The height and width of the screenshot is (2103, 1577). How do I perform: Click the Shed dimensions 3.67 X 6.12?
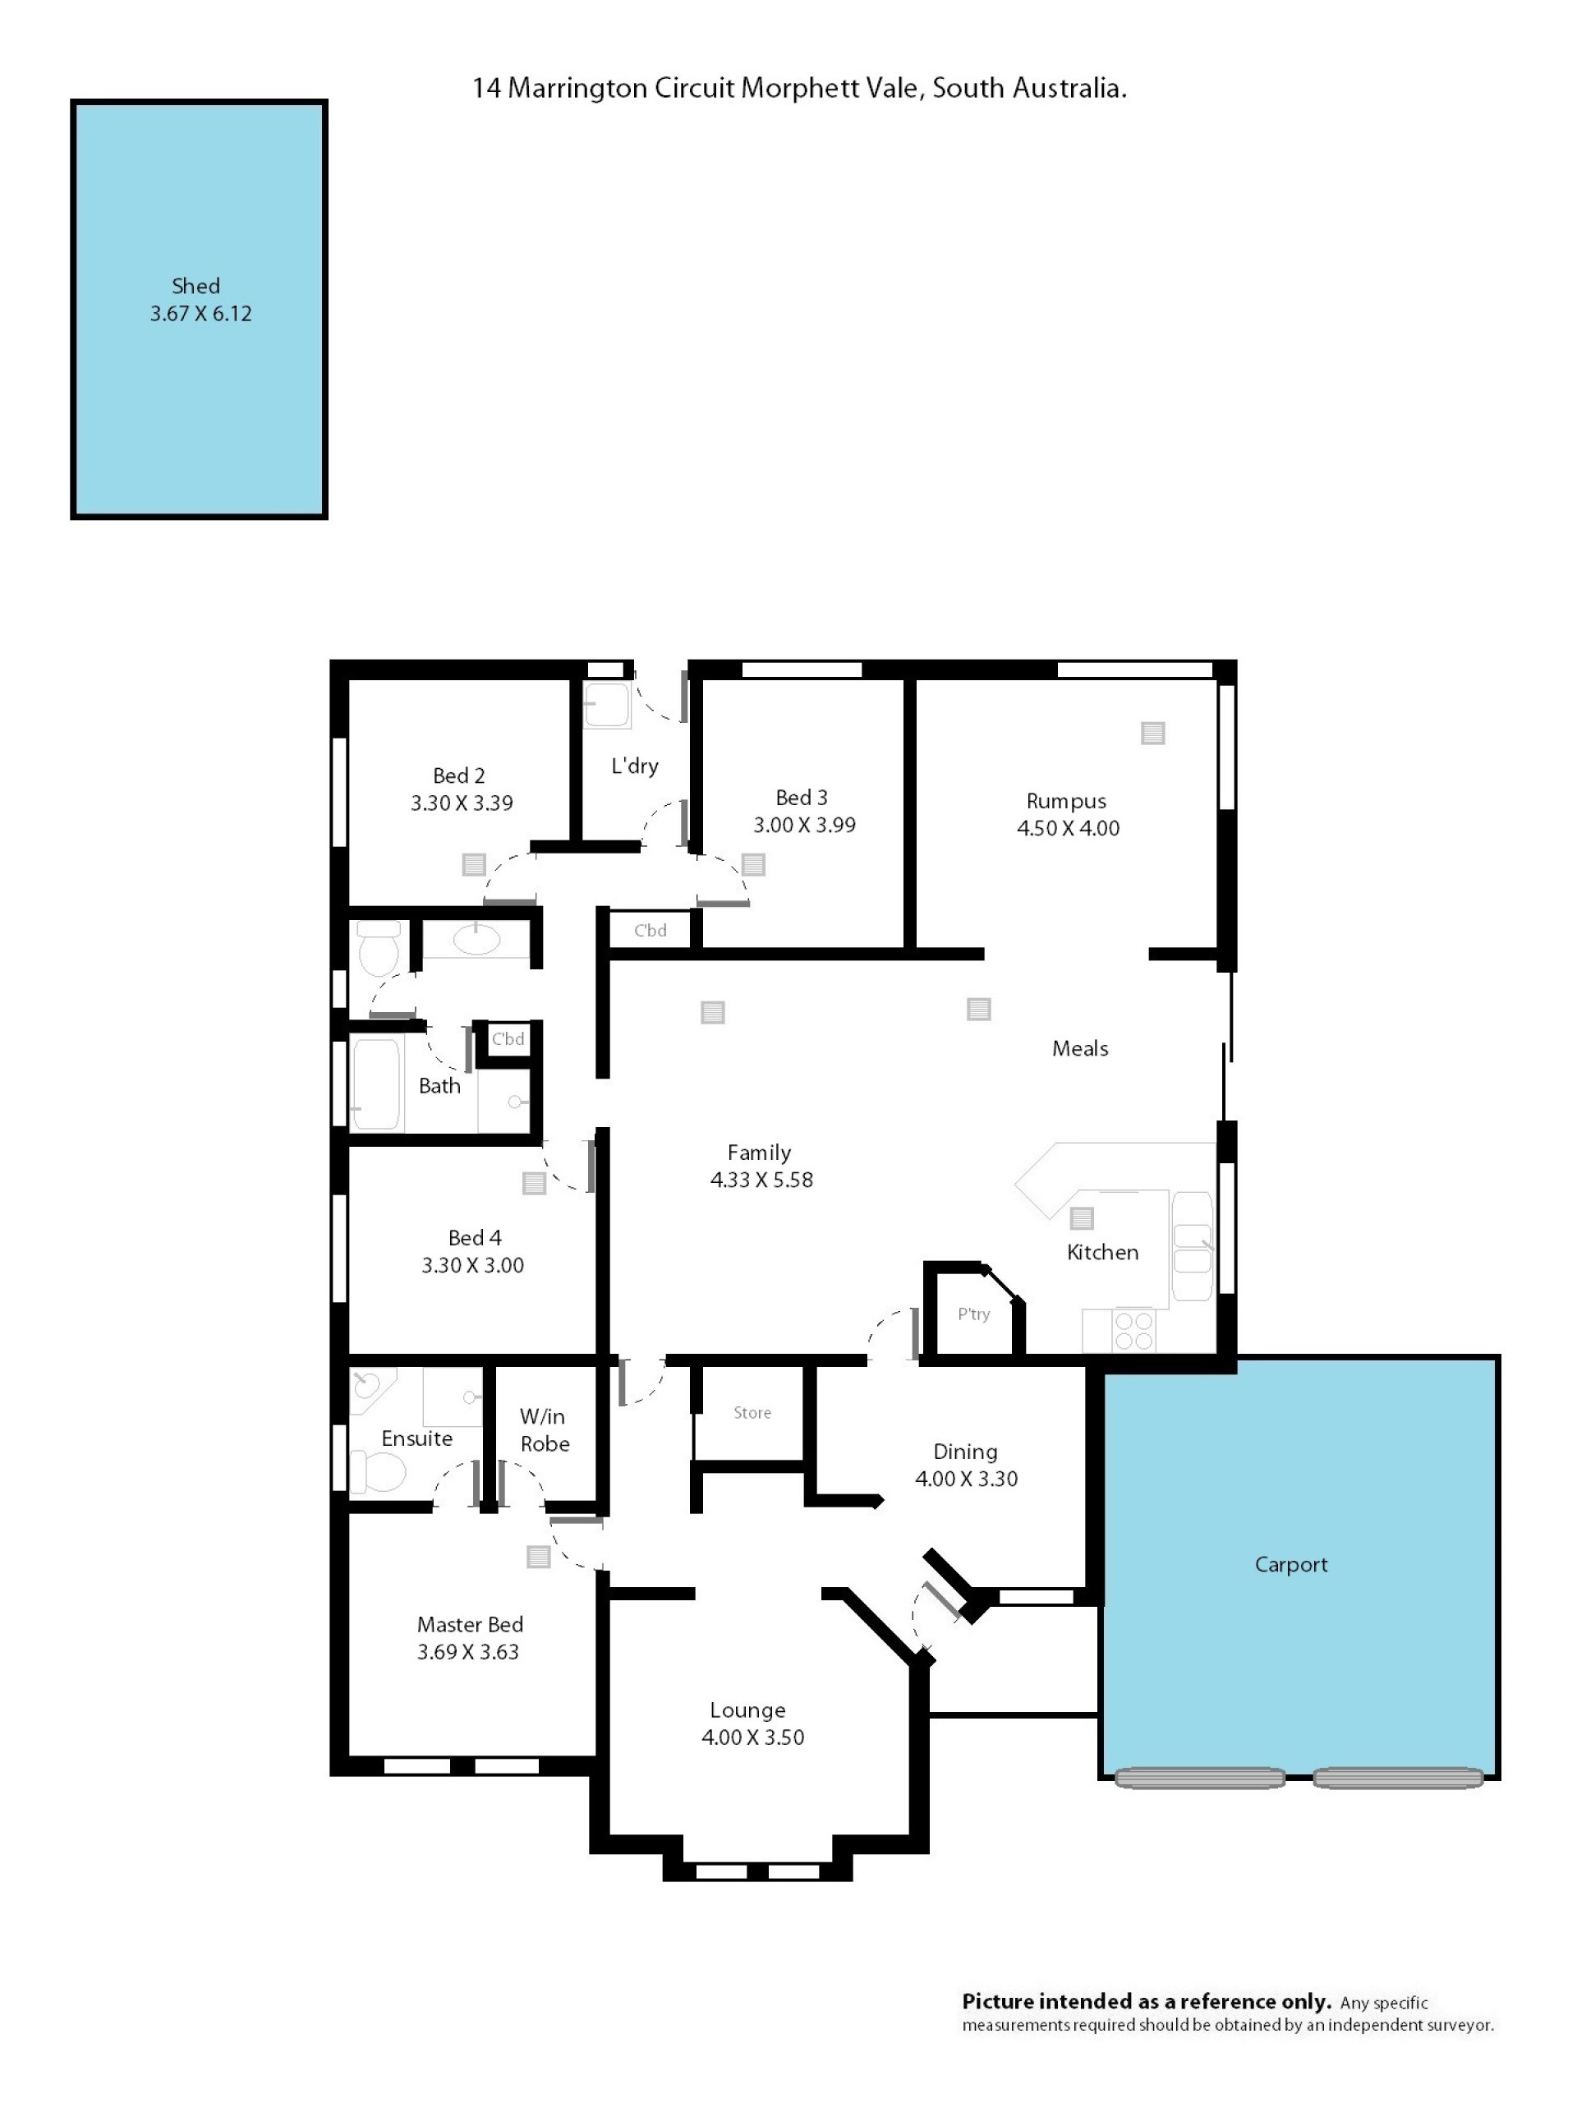point(200,314)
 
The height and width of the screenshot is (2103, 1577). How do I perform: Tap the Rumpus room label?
point(1067,802)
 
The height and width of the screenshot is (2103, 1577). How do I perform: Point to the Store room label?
point(752,1413)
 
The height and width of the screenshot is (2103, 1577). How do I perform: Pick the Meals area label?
point(1080,1049)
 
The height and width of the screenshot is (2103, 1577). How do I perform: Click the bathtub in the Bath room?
point(375,1085)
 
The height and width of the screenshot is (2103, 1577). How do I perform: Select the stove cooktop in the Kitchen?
point(1134,1330)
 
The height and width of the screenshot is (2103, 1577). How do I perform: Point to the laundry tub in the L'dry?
point(606,705)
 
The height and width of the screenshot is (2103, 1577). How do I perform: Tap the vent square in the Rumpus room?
point(1153,733)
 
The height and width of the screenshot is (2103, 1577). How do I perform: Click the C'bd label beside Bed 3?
point(651,931)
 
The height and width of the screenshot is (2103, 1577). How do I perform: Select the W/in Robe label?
point(545,1430)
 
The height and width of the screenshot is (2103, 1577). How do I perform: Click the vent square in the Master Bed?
point(539,1557)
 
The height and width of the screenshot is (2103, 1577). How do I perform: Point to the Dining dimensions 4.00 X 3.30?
point(966,1479)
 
